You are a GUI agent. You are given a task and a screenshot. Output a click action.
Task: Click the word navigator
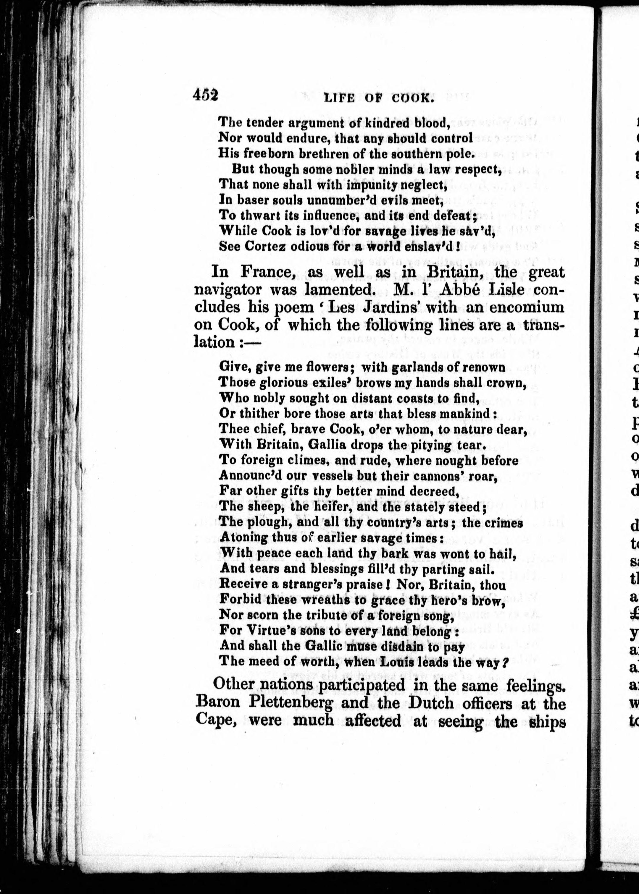pos(228,290)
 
